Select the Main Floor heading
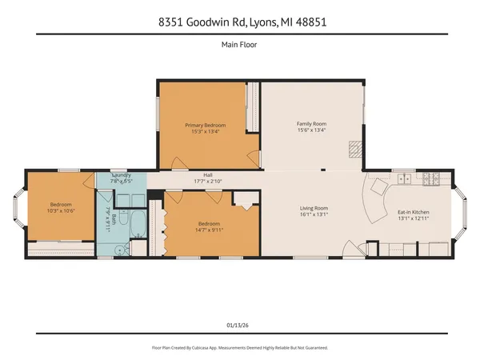coord(239,45)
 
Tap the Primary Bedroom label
coord(205,126)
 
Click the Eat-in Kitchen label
coord(414,211)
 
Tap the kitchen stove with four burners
coord(430,178)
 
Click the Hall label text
coord(207,174)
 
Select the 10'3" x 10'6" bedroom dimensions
coord(62,210)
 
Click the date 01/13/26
coord(239,325)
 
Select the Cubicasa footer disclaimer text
coord(239,348)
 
